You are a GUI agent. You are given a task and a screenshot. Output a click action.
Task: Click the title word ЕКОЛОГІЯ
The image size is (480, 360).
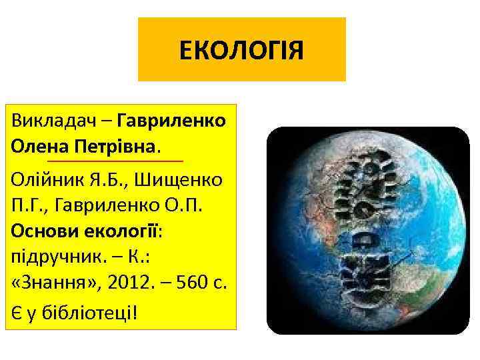point(241,50)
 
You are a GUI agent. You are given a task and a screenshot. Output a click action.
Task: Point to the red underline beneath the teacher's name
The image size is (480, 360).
point(115,161)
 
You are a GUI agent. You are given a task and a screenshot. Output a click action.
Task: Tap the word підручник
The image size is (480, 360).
point(49,255)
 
